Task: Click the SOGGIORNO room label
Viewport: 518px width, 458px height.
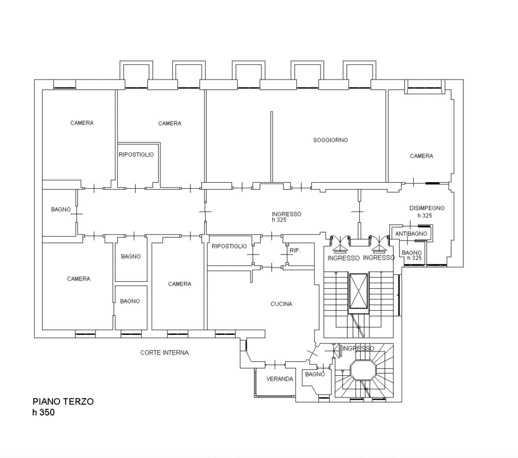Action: point(330,140)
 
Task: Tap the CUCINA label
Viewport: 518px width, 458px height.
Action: point(281,304)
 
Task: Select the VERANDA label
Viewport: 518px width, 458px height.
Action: point(280,379)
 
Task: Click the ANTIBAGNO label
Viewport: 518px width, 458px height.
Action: point(411,234)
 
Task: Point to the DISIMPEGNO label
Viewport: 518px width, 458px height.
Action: point(427,208)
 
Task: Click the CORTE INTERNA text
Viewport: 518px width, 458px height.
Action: point(164,353)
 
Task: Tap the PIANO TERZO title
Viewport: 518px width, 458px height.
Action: point(63,401)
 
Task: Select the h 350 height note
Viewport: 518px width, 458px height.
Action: point(43,413)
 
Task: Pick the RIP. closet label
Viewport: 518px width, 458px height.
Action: point(295,251)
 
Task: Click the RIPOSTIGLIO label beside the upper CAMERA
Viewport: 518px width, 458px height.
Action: point(136,155)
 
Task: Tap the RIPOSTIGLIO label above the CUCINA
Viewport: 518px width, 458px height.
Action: point(229,246)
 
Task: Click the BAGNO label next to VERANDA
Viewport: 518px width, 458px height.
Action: point(315,374)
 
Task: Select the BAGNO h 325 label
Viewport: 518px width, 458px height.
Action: point(412,256)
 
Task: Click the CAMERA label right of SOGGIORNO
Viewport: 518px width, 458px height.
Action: point(422,156)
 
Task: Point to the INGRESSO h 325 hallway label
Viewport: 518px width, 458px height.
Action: point(287,217)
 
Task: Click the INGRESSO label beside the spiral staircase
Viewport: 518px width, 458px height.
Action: point(358,348)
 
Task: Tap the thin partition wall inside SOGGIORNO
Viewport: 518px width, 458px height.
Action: point(272,147)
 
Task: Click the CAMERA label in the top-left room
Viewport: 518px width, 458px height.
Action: point(82,123)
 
